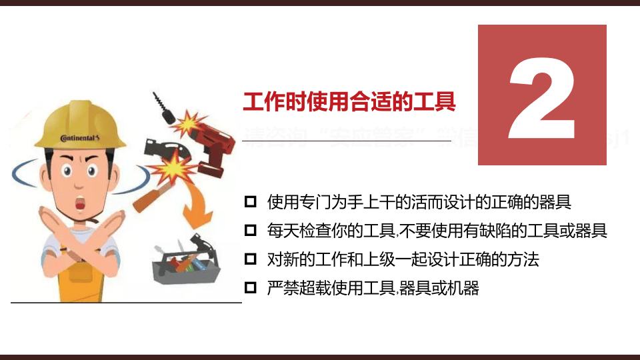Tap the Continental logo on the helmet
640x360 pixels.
[x=79, y=138]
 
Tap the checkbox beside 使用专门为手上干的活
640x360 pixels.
[x=251, y=201]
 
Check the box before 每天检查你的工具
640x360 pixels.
[x=251, y=231]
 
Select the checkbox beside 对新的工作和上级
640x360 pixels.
[x=251, y=259]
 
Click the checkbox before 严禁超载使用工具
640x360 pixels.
[x=251, y=288]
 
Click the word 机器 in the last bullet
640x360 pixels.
[x=465, y=289]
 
